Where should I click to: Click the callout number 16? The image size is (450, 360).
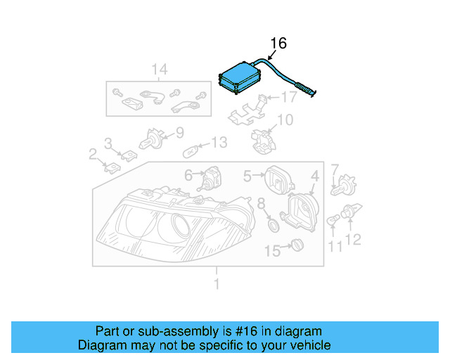[278, 44]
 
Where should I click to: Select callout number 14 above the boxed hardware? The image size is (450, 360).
[160, 69]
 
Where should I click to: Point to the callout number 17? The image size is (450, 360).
[289, 97]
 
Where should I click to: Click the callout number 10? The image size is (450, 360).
[284, 120]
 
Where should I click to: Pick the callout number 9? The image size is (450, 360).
[179, 131]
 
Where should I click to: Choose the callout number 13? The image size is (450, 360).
[219, 143]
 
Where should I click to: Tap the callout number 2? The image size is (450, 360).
[92, 153]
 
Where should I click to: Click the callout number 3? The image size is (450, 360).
[108, 143]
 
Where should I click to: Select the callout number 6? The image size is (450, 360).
[188, 174]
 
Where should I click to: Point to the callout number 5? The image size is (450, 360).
[247, 174]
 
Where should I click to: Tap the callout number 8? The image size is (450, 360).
[261, 204]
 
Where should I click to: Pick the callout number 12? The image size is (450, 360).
[353, 240]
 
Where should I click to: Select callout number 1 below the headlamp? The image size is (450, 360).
[217, 284]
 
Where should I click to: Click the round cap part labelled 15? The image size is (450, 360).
[297, 245]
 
